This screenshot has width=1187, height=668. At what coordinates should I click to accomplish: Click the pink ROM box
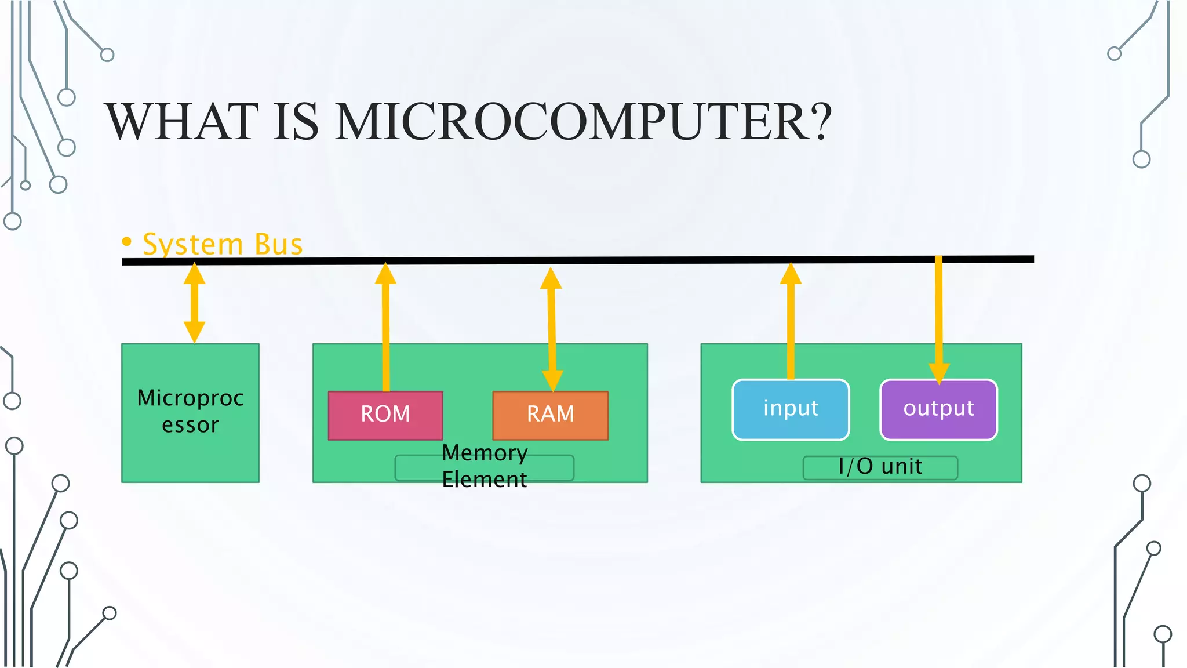(x=385, y=415)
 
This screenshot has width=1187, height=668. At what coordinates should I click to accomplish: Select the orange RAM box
(x=550, y=415)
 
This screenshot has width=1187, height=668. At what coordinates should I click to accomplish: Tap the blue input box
(x=791, y=409)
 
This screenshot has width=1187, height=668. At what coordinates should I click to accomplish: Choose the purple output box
(x=938, y=409)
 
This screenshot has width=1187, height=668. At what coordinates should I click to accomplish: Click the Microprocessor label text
(x=190, y=411)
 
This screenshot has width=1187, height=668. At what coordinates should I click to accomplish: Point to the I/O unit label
(x=880, y=467)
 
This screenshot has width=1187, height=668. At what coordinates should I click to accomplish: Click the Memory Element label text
(x=485, y=466)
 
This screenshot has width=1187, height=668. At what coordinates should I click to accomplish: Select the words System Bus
(x=223, y=244)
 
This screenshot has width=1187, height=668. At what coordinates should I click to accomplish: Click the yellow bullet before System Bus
(x=127, y=241)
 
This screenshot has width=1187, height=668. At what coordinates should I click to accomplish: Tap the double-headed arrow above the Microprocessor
(x=194, y=303)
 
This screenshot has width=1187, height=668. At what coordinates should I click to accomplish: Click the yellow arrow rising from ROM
(x=385, y=331)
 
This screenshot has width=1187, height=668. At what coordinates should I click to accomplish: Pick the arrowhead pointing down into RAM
(x=552, y=380)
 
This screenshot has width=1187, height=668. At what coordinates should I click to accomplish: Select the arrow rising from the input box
(x=791, y=325)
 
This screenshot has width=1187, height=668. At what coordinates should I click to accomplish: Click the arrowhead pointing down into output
(x=939, y=372)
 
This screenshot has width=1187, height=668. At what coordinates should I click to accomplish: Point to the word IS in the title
(x=296, y=122)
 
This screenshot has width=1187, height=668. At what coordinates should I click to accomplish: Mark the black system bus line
(x=638, y=260)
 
